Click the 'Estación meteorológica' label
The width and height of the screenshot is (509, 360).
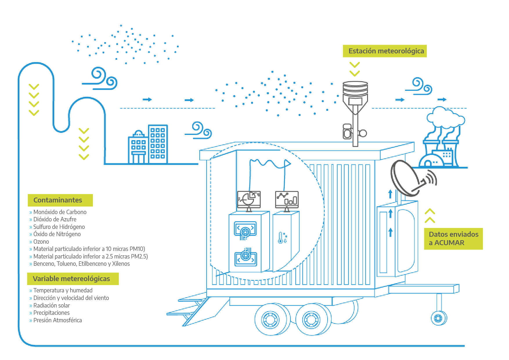click(385, 51)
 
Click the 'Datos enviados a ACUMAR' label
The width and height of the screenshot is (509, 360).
click(453, 238)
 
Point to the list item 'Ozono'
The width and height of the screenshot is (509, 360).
click(41, 242)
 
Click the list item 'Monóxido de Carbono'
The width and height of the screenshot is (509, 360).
click(60, 212)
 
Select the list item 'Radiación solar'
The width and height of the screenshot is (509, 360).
click(51, 305)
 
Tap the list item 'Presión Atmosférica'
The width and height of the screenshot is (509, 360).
click(57, 320)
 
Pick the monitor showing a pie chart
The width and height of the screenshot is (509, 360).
click(249, 199)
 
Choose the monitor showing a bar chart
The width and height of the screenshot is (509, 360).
click(287, 199)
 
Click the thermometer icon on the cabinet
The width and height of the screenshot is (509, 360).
click(281, 238)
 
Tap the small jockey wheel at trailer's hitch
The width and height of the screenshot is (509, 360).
click(438, 318)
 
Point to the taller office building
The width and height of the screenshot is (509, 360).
click(158, 144)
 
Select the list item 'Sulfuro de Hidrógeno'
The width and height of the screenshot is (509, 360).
click(59, 227)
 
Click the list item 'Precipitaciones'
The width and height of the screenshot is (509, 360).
click(51, 313)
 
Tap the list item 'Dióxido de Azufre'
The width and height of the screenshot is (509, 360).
click(55, 219)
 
